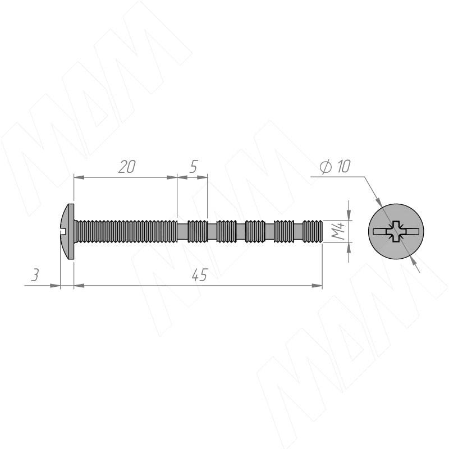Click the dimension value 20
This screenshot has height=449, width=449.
[127, 167]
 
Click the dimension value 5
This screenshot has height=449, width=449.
[194, 167]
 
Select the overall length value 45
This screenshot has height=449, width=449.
[200, 275]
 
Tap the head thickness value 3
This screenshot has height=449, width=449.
[35, 275]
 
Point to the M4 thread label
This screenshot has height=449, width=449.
[338, 231]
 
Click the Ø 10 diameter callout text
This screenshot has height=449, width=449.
[335, 167]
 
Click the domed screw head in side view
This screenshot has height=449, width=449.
[67, 231]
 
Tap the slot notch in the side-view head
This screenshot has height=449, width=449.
[64, 229]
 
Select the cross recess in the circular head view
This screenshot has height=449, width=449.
[396, 231]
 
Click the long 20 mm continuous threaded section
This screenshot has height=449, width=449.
[126, 231]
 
